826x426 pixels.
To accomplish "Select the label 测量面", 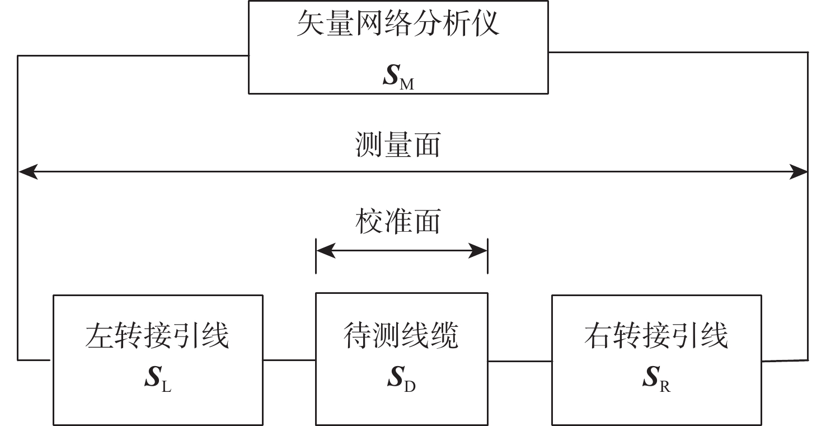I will [x=398, y=145].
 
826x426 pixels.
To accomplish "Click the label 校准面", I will [x=398, y=222].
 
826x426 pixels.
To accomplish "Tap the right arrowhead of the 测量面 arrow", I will [x=799, y=172].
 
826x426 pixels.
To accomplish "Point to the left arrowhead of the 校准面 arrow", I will [x=325, y=251].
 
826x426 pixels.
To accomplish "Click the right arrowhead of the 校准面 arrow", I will [x=478, y=251].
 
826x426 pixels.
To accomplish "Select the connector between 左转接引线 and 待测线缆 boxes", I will [x=289, y=360].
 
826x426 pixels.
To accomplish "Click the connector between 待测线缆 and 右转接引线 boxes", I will [x=519, y=361].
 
